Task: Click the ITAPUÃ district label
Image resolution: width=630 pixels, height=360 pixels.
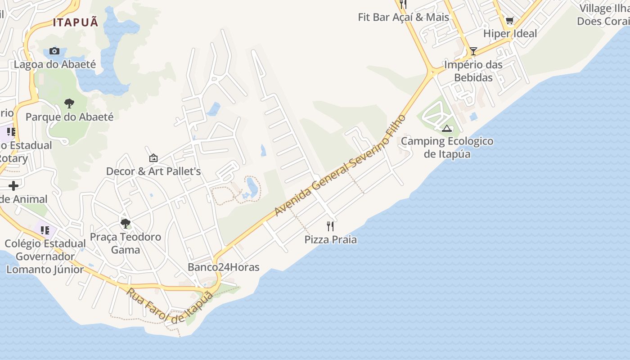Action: click(x=76, y=22)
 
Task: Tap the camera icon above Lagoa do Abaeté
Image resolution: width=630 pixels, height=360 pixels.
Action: click(x=54, y=51)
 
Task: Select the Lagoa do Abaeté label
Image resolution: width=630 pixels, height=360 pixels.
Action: click(x=55, y=64)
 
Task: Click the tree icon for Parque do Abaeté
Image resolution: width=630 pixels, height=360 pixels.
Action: click(x=69, y=103)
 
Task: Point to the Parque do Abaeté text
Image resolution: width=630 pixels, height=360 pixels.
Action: click(x=69, y=117)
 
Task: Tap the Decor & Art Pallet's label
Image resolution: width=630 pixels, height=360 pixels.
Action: click(x=153, y=171)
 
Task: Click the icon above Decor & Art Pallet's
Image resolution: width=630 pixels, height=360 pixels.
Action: click(x=153, y=158)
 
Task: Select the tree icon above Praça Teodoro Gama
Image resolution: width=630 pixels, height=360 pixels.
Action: click(x=126, y=223)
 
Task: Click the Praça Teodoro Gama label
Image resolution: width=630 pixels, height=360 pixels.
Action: click(x=126, y=243)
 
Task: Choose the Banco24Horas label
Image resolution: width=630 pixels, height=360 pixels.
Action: click(x=224, y=267)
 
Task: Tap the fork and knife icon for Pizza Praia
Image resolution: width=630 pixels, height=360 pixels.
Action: click(x=331, y=226)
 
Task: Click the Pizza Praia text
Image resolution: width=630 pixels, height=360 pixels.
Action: click(x=331, y=240)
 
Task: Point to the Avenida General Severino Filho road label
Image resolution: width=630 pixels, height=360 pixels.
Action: click(x=341, y=166)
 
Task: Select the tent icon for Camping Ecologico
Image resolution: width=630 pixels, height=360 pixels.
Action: click(x=447, y=129)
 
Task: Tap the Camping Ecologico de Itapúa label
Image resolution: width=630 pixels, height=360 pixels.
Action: click(x=447, y=148)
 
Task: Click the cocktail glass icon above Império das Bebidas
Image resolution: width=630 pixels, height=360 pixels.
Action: click(x=473, y=51)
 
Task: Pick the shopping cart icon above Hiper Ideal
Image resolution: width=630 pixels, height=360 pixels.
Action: click(x=510, y=20)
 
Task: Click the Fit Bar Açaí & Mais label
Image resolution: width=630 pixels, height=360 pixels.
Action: click(x=404, y=17)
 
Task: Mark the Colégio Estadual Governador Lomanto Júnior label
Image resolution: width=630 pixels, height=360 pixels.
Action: click(x=45, y=256)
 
